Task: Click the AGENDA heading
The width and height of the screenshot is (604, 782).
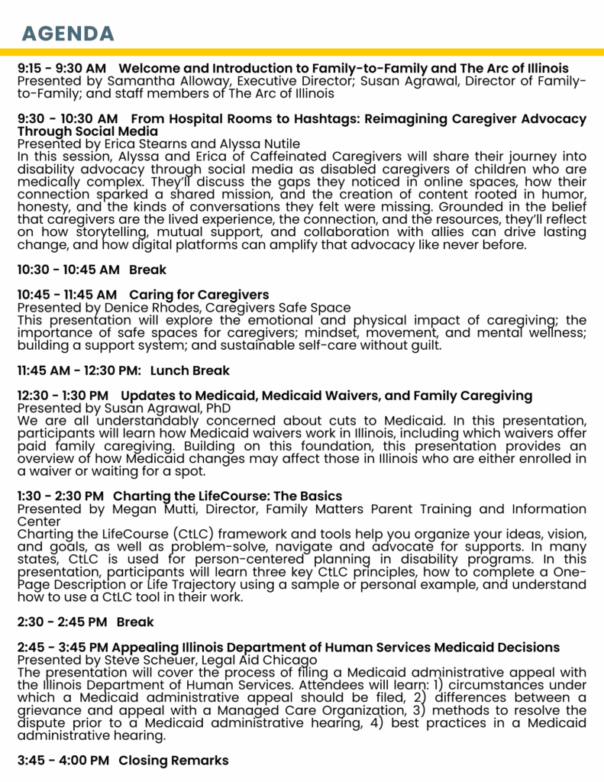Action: click(x=68, y=34)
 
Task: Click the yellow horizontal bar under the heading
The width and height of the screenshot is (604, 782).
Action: click(x=302, y=53)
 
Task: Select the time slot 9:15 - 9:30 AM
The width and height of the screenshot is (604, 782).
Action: click(x=62, y=69)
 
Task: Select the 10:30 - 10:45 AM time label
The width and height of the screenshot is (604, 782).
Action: click(x=68, y=270)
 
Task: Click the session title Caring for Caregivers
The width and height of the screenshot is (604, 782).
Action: click(x=199, y=294)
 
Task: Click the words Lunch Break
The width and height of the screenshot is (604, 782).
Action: click(x=190, y=370)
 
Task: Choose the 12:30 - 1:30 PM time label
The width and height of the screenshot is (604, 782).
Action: click(x=63, y=396)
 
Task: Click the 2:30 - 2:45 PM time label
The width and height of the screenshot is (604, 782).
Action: click(x=62, y=622)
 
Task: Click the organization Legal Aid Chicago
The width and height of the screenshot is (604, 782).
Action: click(x=256, y=660)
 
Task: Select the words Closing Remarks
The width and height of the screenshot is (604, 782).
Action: click(x=173, y=761)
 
